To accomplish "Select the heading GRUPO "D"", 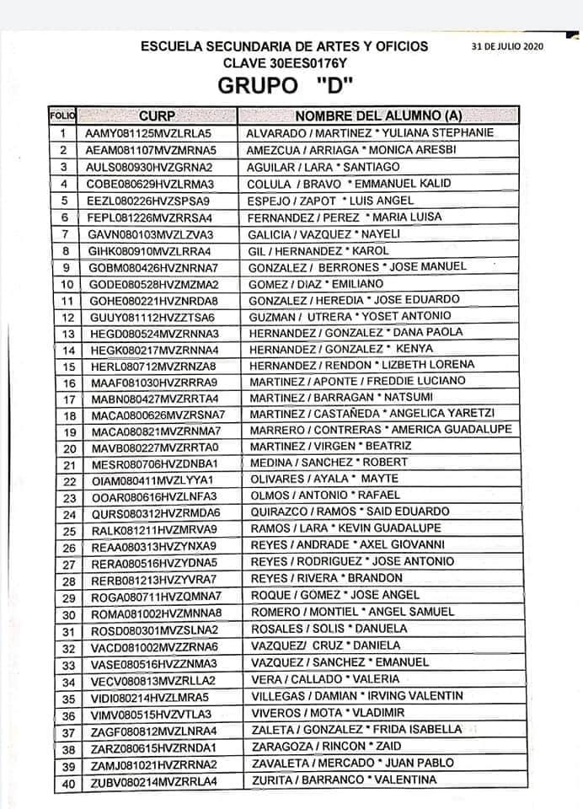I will pos(284,86).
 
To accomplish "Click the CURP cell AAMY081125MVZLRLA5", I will pos(147,133).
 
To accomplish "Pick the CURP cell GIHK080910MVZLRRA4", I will pos(149,250).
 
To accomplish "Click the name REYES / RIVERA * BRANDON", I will pos(327,578).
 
